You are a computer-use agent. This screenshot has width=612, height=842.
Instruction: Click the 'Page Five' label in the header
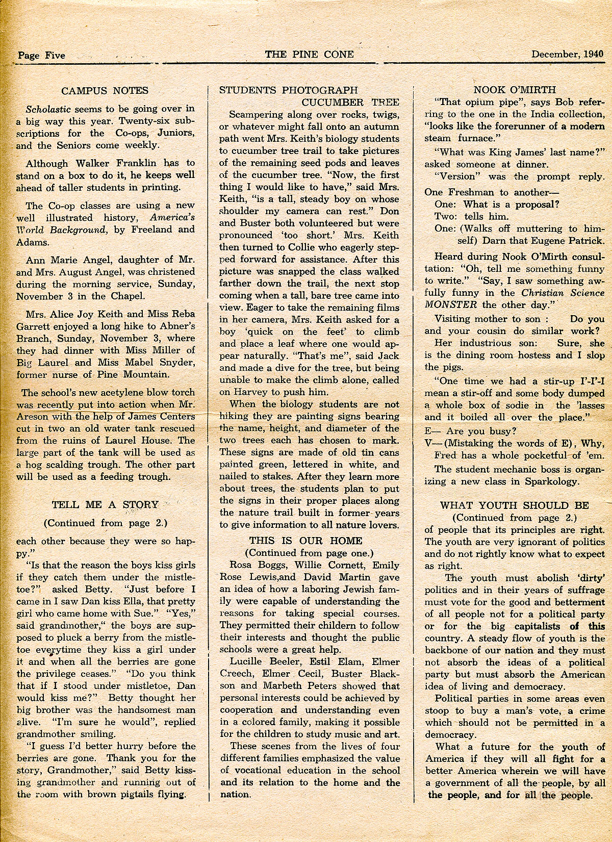point(41,55)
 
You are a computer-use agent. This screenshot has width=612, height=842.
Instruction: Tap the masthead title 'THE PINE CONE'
point(309,54)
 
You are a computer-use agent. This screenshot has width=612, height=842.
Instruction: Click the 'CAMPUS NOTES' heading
point(105,91)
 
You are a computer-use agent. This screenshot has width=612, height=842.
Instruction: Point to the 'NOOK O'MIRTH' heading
point(515,90)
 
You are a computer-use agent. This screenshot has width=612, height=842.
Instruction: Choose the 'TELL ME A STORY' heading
point(105,505)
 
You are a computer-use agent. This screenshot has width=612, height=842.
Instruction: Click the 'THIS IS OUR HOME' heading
point(305,541)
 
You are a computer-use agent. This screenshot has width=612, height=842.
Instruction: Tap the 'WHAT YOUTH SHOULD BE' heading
point(514,505)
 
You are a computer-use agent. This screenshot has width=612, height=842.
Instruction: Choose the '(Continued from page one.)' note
point(309,553)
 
